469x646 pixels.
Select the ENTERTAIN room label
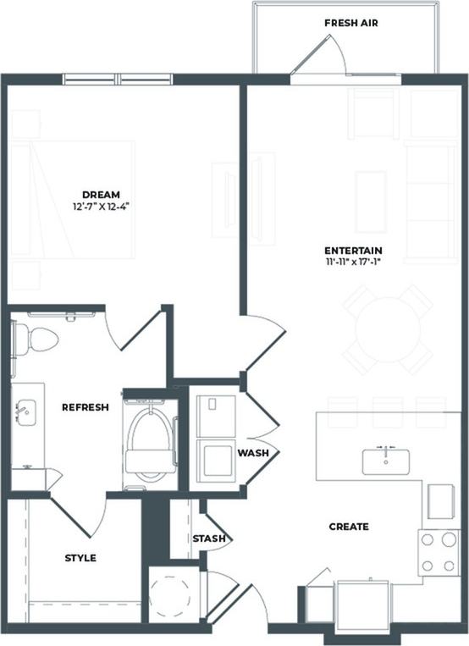tap(353, 251)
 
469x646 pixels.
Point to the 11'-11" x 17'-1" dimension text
tap(353, 262)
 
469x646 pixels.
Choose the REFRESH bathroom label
tap(85, 407)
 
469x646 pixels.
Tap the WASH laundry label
tap(252, 453)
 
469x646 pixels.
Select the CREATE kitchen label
tap(349, 527)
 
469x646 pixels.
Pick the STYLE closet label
tap(80, 558)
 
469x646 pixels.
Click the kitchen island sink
tap(386, 461)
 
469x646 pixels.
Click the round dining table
tap(388, 329)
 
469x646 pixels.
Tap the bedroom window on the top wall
tap(119, 80)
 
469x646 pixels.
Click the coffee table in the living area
tap(371, 202)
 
